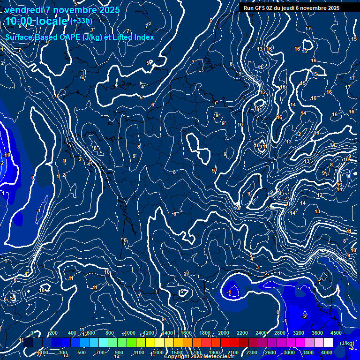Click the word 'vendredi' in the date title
pos(24,10)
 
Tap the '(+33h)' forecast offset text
pos(81,21)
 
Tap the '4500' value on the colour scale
pos(336,333)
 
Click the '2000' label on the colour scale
pos(224,333)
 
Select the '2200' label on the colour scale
pos(242,333)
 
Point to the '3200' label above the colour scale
pos(299,333)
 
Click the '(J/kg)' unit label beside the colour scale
pos(347,343)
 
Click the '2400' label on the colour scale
pos(261,333)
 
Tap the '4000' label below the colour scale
pos(327,352)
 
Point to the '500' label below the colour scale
pos(82,352)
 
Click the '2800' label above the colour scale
pos(280,333)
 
